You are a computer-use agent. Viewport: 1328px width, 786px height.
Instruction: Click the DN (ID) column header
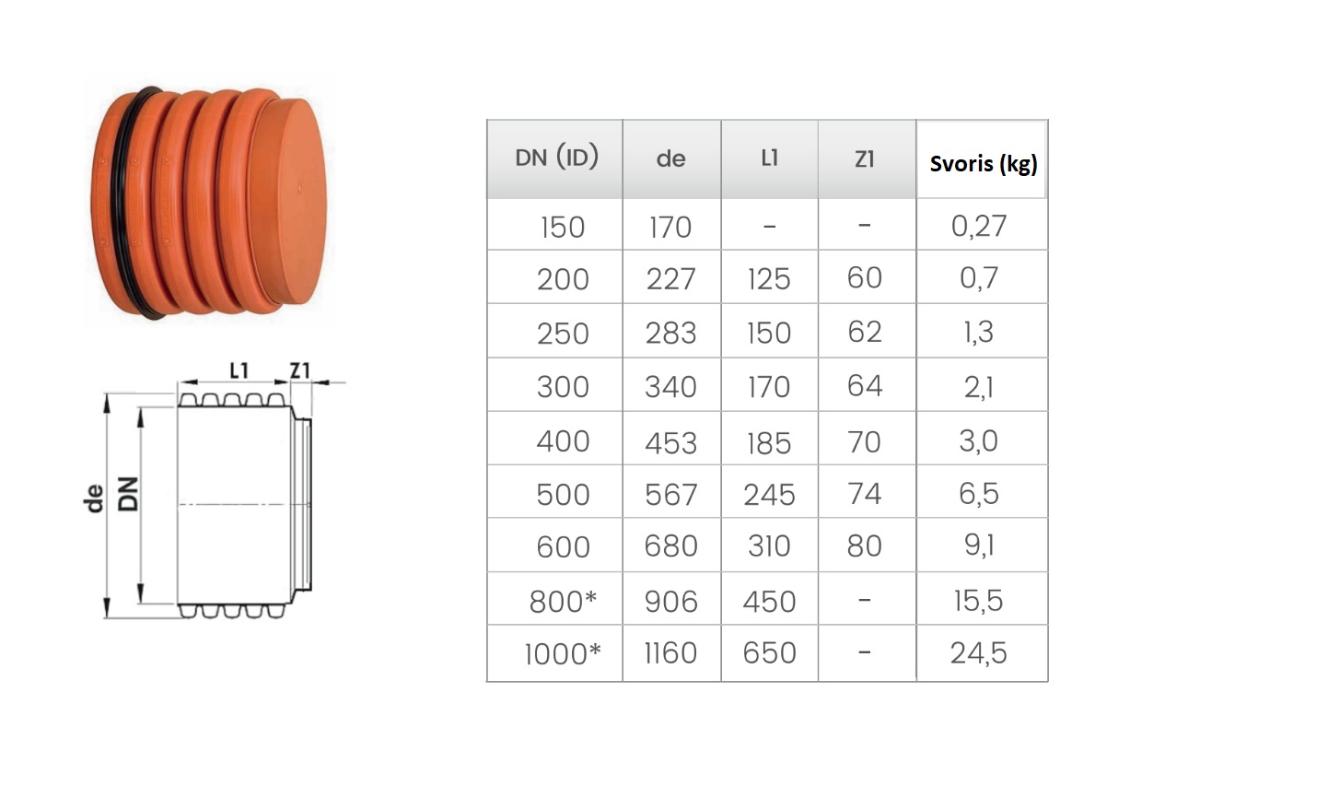[x=556, y=158]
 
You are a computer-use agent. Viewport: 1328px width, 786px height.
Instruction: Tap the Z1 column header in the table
[x=865, y=158]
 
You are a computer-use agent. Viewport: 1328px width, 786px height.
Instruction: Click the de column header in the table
[x=670, y=158]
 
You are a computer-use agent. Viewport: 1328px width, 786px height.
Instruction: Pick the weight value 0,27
[x=979, y=226]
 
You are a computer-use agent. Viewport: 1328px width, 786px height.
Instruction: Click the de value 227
[x=670, y=279]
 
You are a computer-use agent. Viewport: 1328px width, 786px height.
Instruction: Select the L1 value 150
[x=769, y=333]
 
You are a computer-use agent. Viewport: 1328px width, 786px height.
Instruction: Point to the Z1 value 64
[x=865, y=385]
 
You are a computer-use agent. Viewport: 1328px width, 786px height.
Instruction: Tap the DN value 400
[x=563, y=441]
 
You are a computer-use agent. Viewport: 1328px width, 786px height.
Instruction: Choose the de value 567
[x=670, y=495]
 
